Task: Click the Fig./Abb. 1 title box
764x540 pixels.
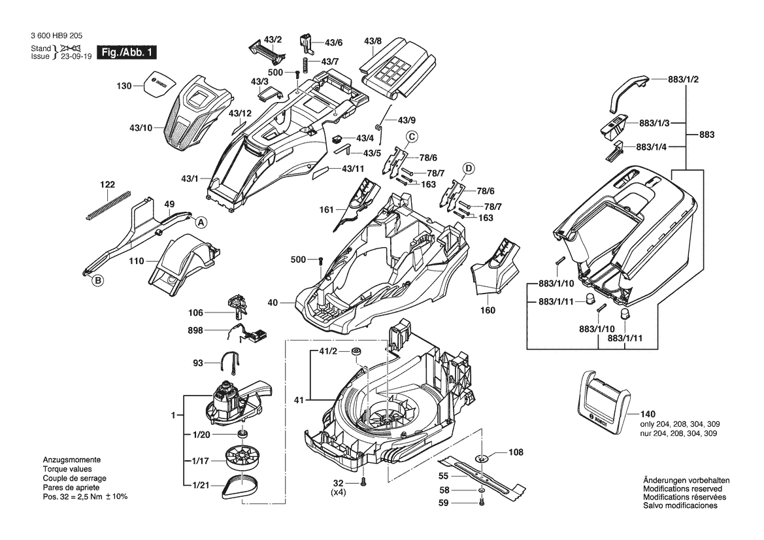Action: coord(127,52)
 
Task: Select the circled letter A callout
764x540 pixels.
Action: coord(201,223)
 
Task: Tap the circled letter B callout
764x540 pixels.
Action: coord(99,280)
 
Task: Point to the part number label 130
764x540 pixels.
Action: coord(124,86)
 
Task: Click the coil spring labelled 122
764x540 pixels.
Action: coord(109,204)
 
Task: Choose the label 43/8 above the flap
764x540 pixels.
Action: coord(373,41)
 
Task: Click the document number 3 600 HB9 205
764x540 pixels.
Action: coord(56,35)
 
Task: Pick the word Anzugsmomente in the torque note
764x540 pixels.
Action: coord(72,460)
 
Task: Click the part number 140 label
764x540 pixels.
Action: coord(648,414)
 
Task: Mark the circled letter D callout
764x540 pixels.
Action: coord(468,169)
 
